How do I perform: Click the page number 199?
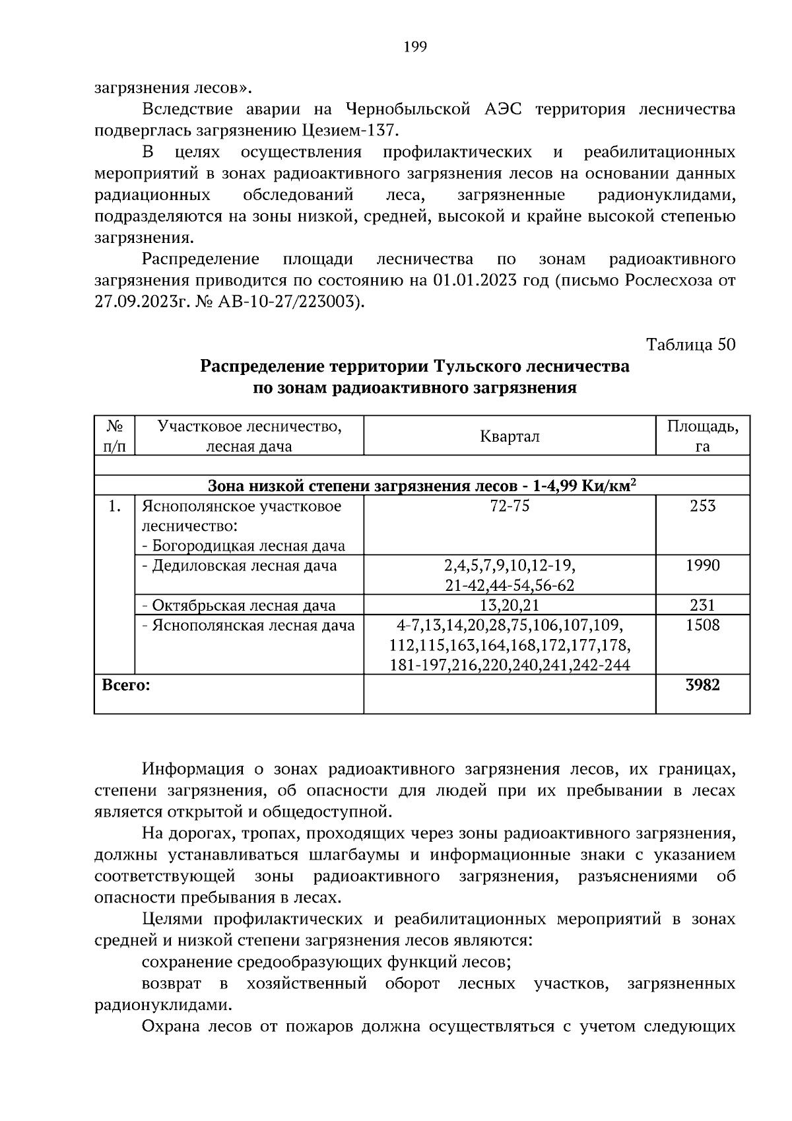click(x=414, y=47)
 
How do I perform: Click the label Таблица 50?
click(x=690, y=345)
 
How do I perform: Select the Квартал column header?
click(x=510, y=436)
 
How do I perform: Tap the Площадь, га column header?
click(x=702, y=436)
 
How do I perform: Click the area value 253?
click(x=702, y=506)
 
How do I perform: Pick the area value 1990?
click(x=702, y=566)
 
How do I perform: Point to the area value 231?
click(x=702, y=605)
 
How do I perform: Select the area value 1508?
click(x=702, y=625)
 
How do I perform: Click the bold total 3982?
click(x=702, y=685)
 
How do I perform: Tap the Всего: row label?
click(x=126, y=685)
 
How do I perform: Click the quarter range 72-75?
click(x=510, y=506)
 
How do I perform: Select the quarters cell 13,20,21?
click(x=510, y=605)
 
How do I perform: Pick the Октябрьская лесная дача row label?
click(x=244, y=605)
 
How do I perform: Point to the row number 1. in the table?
click(x=114, y=506)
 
